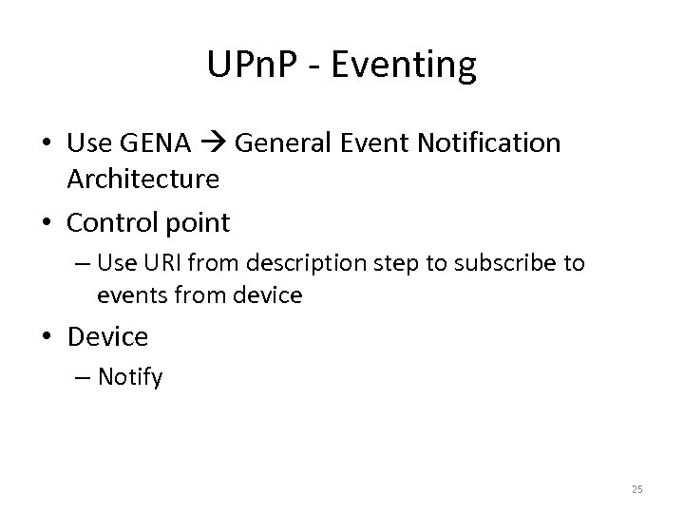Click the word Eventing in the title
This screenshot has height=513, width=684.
[406, 66]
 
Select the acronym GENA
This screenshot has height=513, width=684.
[155, 143]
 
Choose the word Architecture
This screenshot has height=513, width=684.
[143, 178]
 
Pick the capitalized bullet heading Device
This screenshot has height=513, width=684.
[108, 337]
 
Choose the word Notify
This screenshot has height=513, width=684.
[130, 377]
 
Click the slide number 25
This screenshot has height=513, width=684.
[636, 489]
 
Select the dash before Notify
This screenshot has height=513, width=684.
[83, 377]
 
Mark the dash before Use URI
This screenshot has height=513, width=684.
[83, 263]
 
